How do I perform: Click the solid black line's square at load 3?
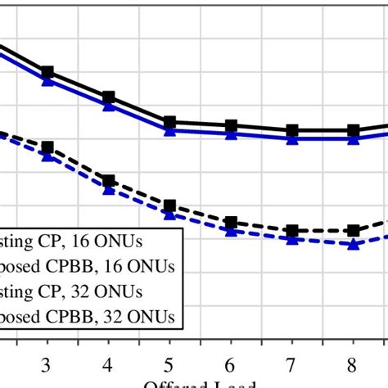coord(47,72)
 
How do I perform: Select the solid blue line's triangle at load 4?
coord(108,105)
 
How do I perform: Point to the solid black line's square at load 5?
coord(169,122)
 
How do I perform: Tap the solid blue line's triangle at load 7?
coord(292,139)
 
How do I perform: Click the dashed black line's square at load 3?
coord(47,147)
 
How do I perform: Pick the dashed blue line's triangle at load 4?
coord(108,190)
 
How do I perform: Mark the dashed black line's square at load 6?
coord(231,222)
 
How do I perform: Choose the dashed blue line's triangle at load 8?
coord(354,244)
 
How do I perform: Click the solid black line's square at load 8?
coord(354,130)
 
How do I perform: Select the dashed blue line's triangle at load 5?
coord(169,214)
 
